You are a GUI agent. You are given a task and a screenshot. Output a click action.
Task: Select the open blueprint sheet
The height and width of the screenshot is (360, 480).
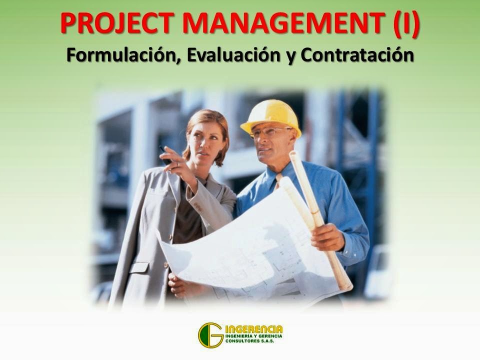click(250, 245)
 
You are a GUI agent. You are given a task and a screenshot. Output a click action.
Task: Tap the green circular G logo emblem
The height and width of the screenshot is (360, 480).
click(210, 334)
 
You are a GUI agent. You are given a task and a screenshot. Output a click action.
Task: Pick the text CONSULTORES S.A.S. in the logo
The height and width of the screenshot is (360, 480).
click(252, 342)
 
